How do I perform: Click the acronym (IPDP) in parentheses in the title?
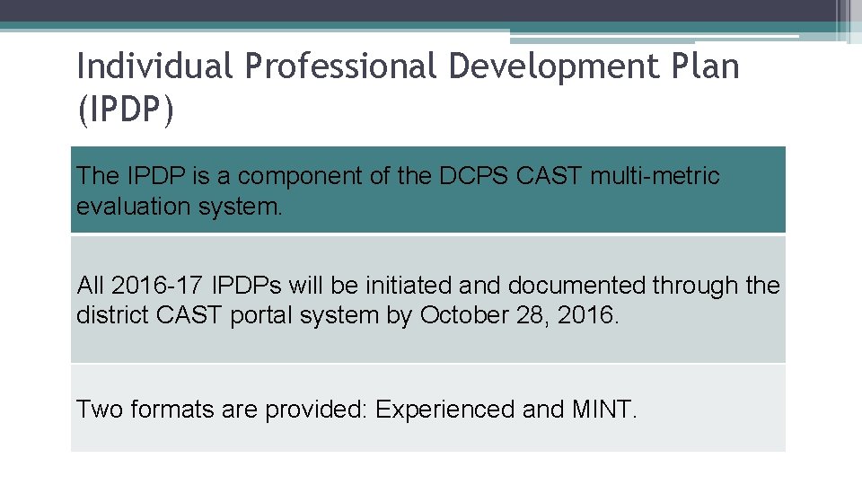point(125,112)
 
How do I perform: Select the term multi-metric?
point(655,176)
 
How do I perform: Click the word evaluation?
point(132,207)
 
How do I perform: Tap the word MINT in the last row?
point(603,410)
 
